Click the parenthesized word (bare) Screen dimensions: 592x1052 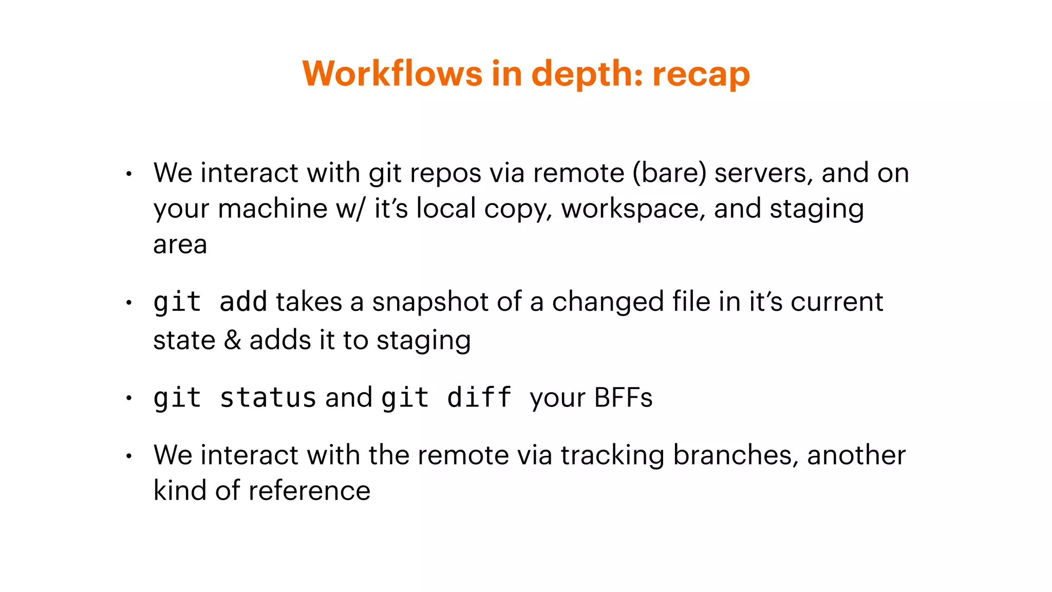669,173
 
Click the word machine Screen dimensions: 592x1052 272,209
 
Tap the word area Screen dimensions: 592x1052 180,245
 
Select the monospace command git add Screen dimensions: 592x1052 210,302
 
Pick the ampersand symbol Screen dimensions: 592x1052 232,340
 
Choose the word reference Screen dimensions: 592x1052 309,491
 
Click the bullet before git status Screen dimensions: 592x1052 129,398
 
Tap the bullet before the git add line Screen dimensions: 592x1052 129,302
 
